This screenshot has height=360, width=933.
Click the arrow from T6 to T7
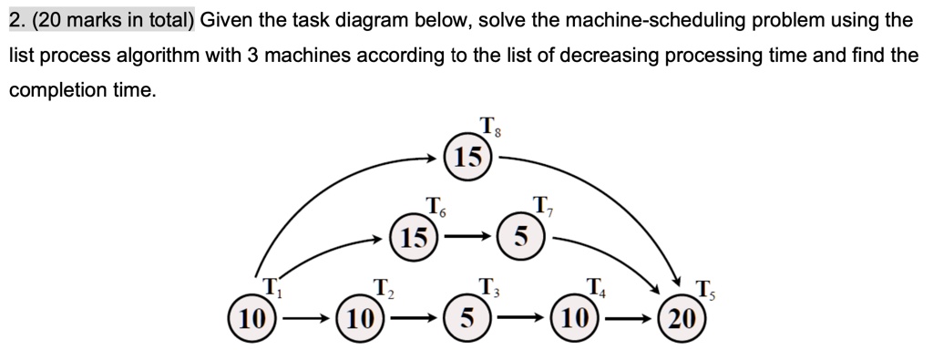467,238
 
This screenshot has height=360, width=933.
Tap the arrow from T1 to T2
306,319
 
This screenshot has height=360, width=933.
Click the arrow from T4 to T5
629,319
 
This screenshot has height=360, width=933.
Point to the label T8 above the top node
490,127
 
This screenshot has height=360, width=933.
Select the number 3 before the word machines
260,56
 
